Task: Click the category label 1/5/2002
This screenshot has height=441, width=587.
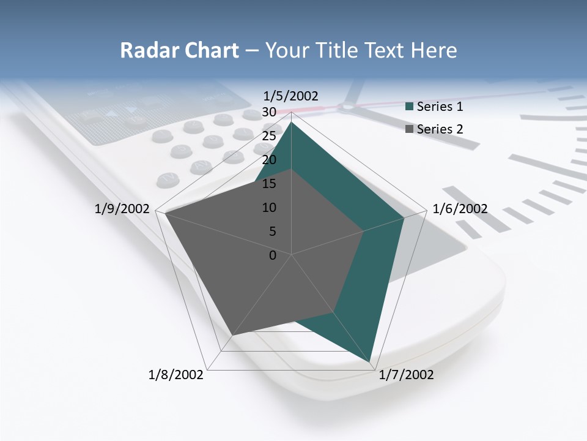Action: pyautogui.click(x=291, y=96)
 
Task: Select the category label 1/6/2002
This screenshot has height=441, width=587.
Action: pyautogui.click(x=460, y=209)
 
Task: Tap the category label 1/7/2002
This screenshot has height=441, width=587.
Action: pyautogui.click(x=406, y=375)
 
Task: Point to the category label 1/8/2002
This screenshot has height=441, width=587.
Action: pyautogui.click(x=176, y=375)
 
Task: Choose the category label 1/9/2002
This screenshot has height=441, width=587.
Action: pyautogui.click(x=122, y=209)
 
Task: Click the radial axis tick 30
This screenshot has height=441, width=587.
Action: pyautogui.click(x=269, y=112)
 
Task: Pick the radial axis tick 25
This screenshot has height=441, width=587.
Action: pyautogui.click(x=269, y=136)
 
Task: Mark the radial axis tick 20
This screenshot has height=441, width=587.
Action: pyautogui.click(x=269, y=160)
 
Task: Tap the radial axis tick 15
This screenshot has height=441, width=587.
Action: pyautogui.click(x=269, y=184)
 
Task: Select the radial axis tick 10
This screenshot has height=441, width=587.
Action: pyautogui.click(x=269, y=208)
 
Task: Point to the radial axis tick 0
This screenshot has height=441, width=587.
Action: pyautogui.click(x=273, y=255)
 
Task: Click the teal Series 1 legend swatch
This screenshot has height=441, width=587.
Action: pyautogui.click(x=410, y=107)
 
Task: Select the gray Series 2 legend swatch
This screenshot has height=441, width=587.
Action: pyautogui.click(x=410, y=129)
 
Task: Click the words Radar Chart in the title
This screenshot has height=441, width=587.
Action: pyautogui.click(x=179, y=51)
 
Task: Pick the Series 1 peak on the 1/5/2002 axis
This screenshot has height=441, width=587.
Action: pyautogui.click(x=292, y=122)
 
